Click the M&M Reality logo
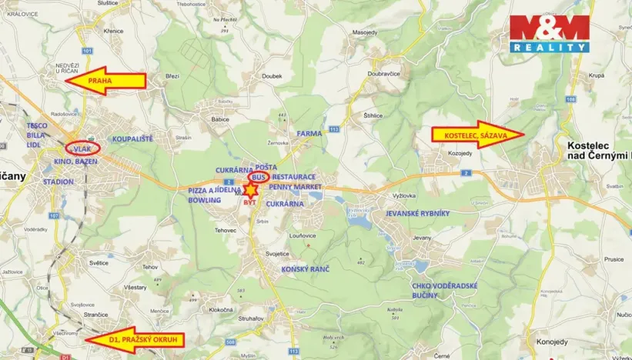(550, 34)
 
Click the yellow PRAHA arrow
(104, 81)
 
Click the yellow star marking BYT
(251, 190)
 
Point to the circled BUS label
(257, 177)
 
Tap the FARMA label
(309, 133)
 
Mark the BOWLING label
(205, 199)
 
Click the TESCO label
(38, 124)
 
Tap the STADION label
(59, 182)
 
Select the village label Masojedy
(364, 55)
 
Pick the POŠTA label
(266, 166)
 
